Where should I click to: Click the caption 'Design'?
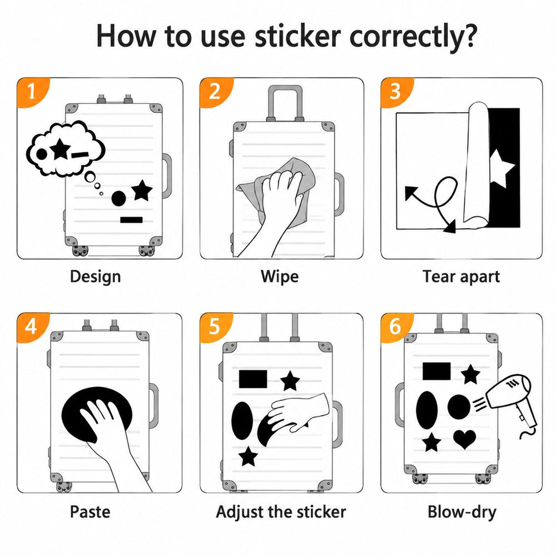[x=96, y=277]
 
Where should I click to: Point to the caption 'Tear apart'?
[x=461, y=277]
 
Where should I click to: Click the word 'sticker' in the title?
[x=297, y=36]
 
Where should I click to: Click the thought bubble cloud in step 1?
[x=66, y=149]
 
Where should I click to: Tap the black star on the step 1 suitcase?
[x=142, y=190]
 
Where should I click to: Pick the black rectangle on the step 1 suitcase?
[x=131, y=220]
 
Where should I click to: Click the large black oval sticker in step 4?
[x=97, y=414]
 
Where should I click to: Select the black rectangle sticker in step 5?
[x=253, y=379]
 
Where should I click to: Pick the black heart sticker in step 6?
[x=464, y=439]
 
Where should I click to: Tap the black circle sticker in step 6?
[x=459, y=406]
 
